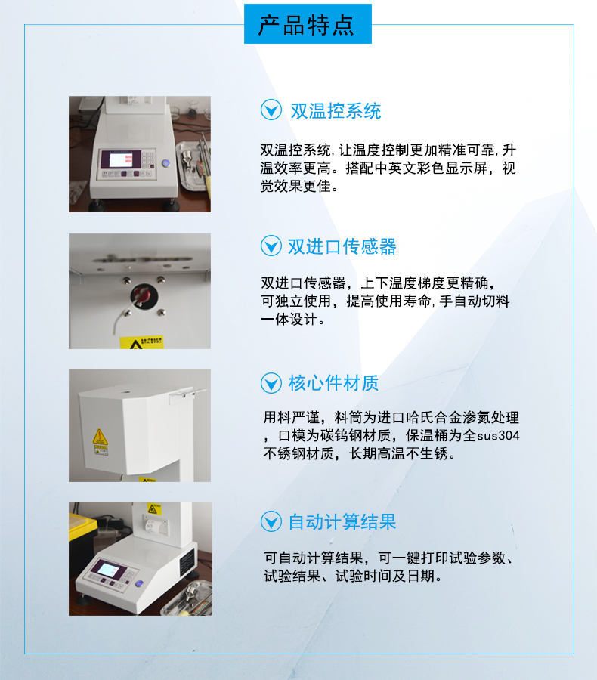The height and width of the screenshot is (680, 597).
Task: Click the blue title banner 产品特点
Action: (x=308, y=24)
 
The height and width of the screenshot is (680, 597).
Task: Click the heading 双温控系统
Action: (x=336, y=111)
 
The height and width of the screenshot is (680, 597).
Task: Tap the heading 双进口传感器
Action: (x=342, y=246)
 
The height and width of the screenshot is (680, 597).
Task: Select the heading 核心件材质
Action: (x=333, y=383)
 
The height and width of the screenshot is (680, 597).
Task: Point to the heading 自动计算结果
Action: (x=342, y=521)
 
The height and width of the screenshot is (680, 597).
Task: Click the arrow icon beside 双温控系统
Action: (x=271, y=110)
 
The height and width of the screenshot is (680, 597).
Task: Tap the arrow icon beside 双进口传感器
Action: (x=271, y=246)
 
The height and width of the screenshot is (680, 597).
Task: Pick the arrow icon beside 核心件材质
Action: (x=271, y=383)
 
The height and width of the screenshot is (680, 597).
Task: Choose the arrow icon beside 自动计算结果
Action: (x=271, y=521)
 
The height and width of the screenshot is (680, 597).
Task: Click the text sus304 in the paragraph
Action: (x=498, y=435)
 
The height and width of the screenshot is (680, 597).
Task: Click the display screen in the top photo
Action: (x=121, y=159)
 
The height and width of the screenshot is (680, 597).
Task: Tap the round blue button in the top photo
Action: (x=165, y=163)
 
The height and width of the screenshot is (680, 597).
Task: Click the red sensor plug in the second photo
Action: (x=141, y=295)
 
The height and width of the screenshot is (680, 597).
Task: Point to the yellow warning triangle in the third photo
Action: (x=99, y=436)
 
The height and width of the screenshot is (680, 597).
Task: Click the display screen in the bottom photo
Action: (x=108, y=568)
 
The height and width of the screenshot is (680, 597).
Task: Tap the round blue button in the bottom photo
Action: (x=139, y=584)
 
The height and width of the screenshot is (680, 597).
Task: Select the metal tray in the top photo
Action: (x=193, y=165)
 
